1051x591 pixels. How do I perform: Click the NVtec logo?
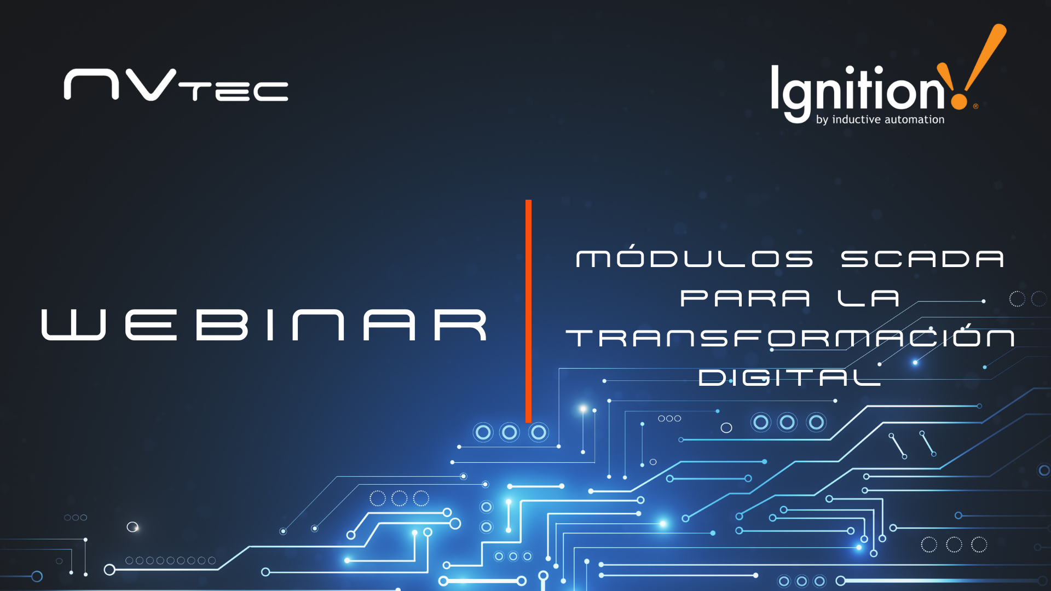pyautogui.click(x=176, y=85)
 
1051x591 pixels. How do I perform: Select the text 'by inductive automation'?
pyautogui.click(x=880, y=120)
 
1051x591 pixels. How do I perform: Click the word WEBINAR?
pyautogui.click(x=264, y=325)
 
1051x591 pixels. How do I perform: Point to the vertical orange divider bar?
pyautogui.click(x=528, y=311)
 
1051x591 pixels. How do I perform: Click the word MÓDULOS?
pyautogui.click(x=695, y=258)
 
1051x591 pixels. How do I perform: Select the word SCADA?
pyautogui.click(x=922, y=259)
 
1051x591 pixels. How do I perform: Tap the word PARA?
pyautogui.click(x=745, y=298)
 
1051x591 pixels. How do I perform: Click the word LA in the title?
pyautogui.click(x=868, y=298)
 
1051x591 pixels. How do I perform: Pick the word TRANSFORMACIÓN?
pyautogui.click(x=790, y=337)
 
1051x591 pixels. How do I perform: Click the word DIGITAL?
pyautogui.click(x=789, y=377)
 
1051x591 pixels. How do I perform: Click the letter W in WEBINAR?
pyautogui.click(x=73, y=325)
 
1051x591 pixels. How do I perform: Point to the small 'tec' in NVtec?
pyautogui.click(x=233, y=91)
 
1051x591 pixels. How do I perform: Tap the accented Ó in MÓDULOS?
pyautogui.click(x=633, y=257)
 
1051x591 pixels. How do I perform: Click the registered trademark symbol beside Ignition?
pyautogui.click(x=975, y=107)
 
